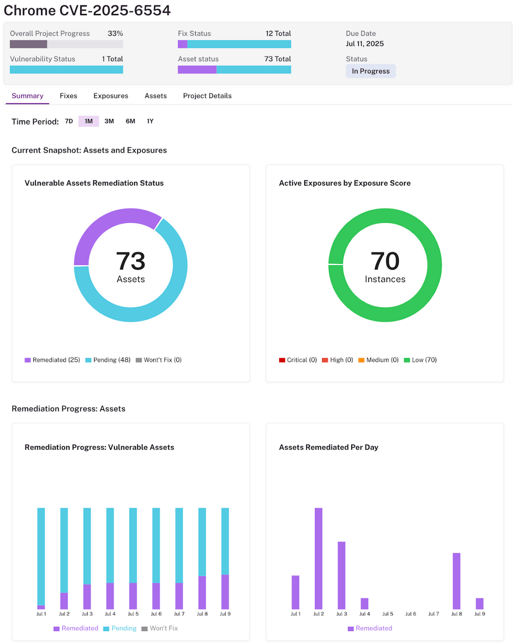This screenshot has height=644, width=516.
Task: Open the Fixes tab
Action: [68, 96]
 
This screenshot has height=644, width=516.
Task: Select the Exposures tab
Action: [111, 96]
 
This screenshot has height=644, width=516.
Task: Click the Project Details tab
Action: [207, 96]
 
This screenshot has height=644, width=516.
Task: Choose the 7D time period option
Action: [69, 121]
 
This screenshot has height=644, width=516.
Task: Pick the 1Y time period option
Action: [150, 121]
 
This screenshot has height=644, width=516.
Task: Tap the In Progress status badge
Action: [370, 71]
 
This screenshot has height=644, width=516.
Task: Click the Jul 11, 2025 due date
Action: [365, 43]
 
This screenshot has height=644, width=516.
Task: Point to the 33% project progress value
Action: [115, 33]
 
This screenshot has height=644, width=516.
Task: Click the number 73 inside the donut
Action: [130, 261]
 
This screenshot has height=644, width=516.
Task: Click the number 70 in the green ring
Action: [385, 261]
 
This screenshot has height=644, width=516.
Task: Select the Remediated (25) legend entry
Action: [52, 360]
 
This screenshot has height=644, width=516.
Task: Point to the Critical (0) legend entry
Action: [298, 360]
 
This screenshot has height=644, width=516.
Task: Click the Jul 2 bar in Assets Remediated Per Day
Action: [318, 558]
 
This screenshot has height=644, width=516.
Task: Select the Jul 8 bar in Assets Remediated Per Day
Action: [456, 581]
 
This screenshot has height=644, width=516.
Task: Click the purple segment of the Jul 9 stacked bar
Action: [225, 591]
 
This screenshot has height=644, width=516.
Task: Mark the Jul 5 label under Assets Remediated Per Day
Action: [388, 614]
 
